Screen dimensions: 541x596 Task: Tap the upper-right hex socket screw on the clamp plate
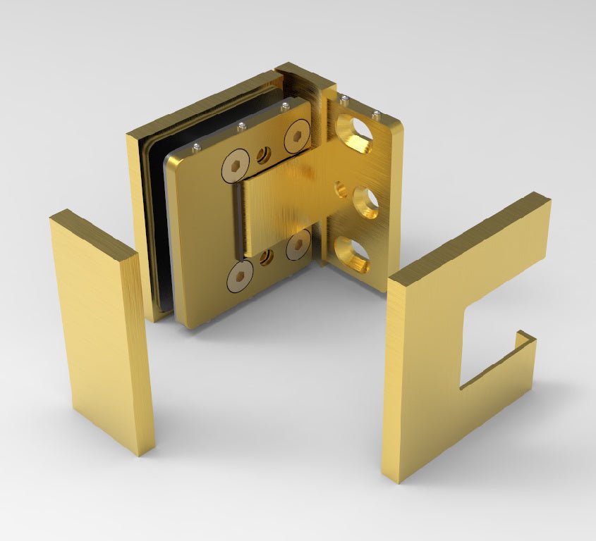297,137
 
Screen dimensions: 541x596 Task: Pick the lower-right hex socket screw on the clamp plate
298,243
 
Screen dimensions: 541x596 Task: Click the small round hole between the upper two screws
264,153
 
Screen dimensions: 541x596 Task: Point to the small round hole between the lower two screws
267,258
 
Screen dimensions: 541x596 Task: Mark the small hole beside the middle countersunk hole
340,189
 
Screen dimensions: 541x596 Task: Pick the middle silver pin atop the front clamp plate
242,127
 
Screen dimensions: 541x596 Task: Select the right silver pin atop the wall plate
377,116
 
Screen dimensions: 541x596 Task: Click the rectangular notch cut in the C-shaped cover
489,338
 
